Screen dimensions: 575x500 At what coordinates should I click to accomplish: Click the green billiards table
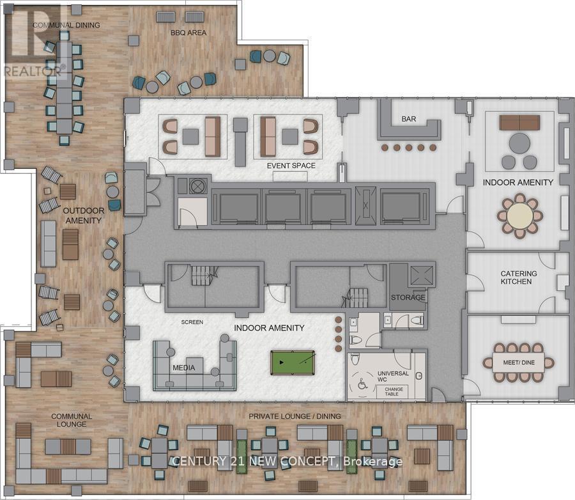(293, 363)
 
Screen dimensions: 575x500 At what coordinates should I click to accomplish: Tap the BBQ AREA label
(188, 33)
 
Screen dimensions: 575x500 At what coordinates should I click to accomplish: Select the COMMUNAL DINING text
(66, 25)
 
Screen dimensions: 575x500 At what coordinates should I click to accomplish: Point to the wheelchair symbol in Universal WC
(362, 384)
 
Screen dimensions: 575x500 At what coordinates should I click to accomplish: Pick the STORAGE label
(408, 297)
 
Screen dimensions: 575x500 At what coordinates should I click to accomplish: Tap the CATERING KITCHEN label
(518, 277)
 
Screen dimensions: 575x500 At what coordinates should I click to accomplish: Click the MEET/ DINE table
(519, 363)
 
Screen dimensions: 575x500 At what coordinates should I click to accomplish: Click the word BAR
(409, 119)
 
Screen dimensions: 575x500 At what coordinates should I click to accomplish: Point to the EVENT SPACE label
(291, 166)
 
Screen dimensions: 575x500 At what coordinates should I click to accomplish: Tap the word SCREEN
(192, 322)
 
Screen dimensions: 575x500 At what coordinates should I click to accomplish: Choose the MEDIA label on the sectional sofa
(184, 368)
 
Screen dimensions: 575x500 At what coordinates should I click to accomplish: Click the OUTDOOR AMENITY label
(84, 215)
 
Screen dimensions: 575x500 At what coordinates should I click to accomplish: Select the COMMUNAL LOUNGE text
(72, 420)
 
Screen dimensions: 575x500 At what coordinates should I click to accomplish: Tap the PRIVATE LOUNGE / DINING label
(295, 416)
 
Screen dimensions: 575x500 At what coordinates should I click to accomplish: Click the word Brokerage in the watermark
(372, 462)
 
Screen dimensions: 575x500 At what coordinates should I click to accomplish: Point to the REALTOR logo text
(33, 71)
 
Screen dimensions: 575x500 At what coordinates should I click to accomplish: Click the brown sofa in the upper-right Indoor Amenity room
(519, 123)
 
